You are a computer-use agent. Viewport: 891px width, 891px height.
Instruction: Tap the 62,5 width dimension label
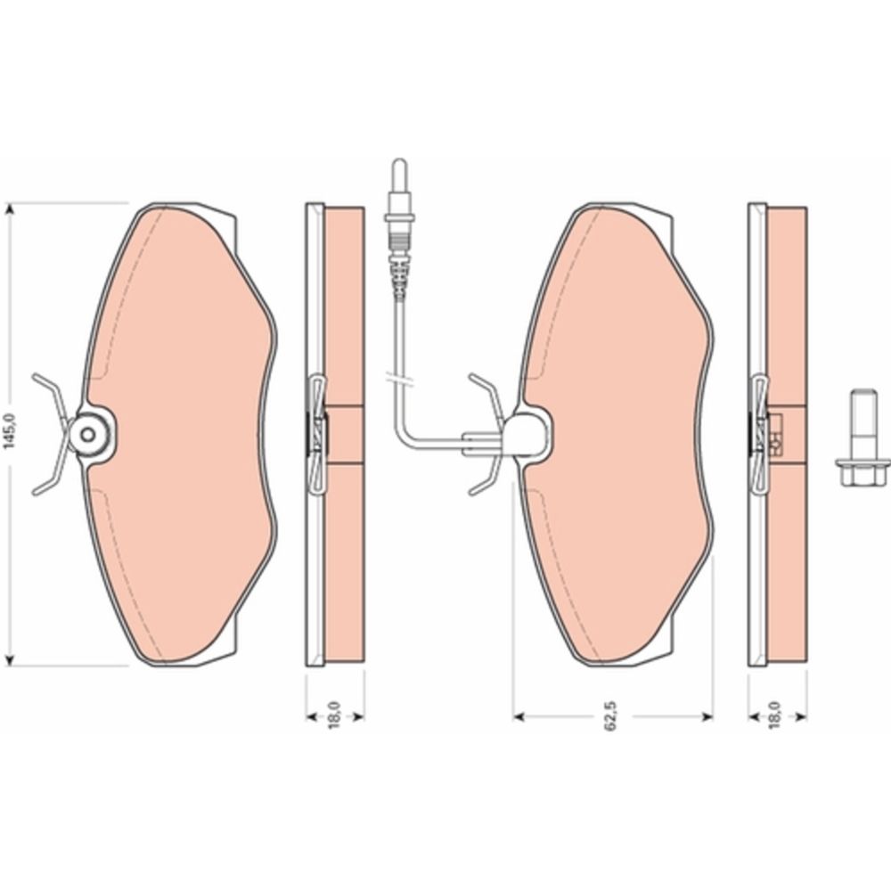[611, 716]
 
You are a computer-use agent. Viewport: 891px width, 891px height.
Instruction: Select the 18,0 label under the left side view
[334, 715]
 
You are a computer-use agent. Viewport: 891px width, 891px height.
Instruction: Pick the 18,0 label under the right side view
[776, 715]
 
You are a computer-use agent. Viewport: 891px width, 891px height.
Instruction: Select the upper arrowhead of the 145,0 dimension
[9, 210]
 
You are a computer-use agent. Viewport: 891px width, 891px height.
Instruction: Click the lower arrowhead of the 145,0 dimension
[9, 658]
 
